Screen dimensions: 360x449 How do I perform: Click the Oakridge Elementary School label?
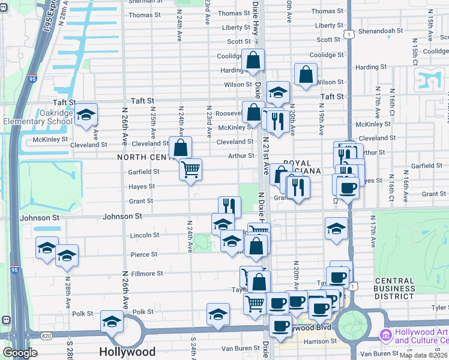tap(37, 117)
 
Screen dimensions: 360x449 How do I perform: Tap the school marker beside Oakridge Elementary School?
tap(86, 115)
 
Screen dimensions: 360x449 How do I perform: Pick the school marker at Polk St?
tap(112, 322)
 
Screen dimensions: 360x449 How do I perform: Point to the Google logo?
tap(20, 353)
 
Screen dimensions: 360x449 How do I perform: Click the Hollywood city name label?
tap(127, 352)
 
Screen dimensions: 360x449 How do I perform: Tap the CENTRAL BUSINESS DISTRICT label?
tap(394, 289)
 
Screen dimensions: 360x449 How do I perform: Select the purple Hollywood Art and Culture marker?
tap(384, 334)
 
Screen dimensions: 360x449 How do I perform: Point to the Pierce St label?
tap(144, 254)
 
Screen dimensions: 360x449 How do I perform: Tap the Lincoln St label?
tap(144, 235)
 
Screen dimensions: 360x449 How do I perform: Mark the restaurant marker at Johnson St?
tap(229, 207)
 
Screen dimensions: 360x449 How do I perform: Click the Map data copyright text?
tap(424, 355)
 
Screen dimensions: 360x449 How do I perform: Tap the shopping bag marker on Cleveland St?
tap(181, 148)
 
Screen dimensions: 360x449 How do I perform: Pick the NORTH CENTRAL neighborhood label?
tap(144, 157)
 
